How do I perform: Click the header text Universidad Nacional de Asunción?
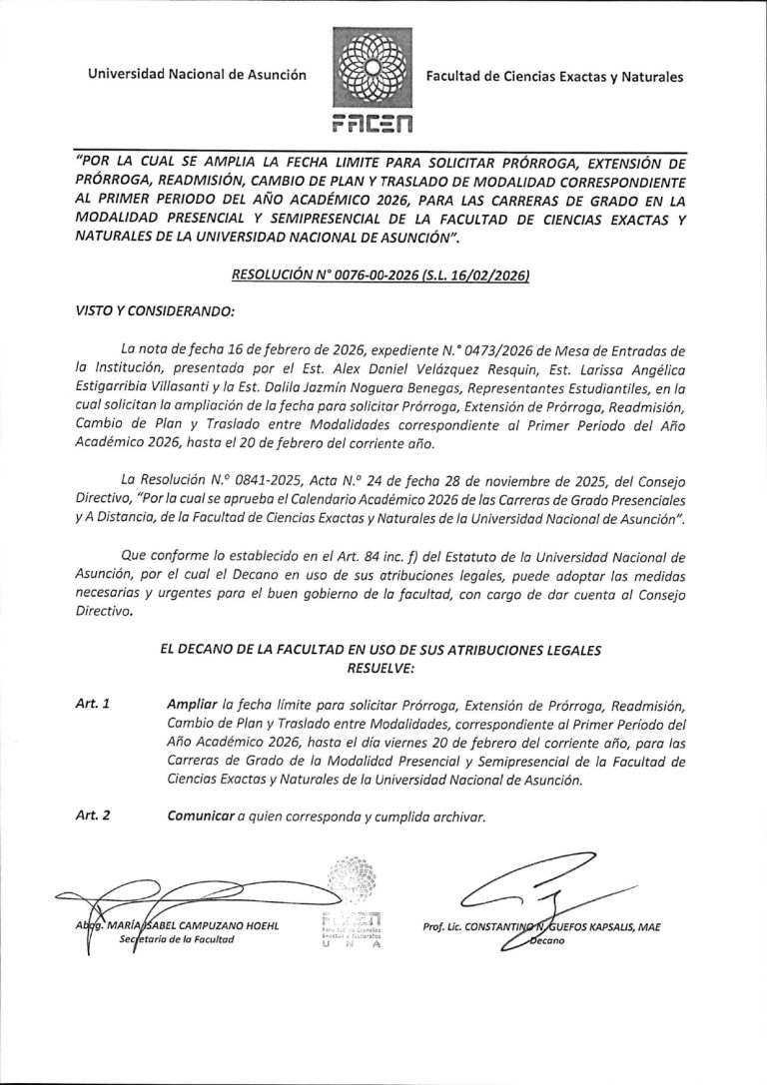coord(196,75)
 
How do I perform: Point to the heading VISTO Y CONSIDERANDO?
coord(154,310)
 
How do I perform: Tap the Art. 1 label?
coord(93,705)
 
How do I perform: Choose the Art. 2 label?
coord(93,815)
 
